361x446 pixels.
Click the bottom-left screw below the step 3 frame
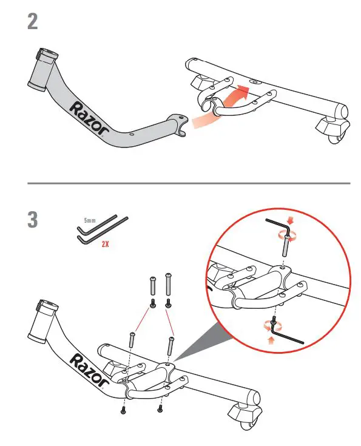(123, 411)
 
